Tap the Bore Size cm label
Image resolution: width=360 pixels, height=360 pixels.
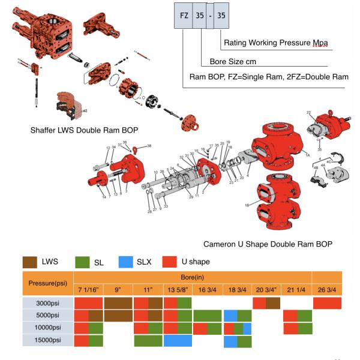click(x=233, y=61)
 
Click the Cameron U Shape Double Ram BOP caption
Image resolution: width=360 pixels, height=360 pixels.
click(x=268, y=244)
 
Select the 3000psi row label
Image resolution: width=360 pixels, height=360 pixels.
click(x=47, y=303)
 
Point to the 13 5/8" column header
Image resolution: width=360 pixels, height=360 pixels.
click(x=178, y=289)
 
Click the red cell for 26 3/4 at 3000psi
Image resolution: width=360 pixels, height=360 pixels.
click(x=327, y=303)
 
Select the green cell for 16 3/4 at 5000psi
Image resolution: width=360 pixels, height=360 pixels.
click(x=208, y=316)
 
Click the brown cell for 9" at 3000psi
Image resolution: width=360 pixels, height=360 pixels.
click(x=118, y=303)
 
